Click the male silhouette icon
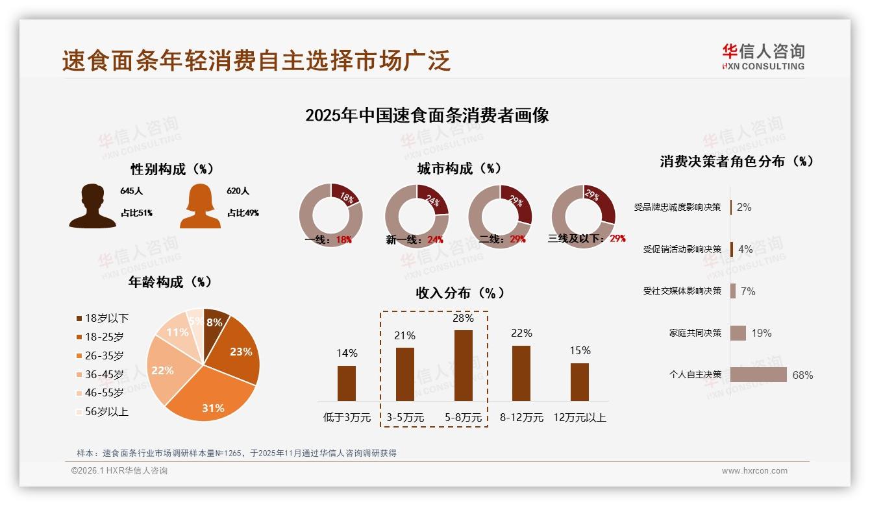(92, 206)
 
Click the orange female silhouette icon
(200, 206)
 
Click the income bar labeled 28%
(463, 365)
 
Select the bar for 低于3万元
(347, 383)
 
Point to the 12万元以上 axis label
(579, 418)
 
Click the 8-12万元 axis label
(521, 418)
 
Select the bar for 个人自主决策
(758, 375)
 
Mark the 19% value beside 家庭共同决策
(762, 333)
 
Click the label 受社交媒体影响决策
(682, 291)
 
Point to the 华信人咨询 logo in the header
(763, 56)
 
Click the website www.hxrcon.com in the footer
(754, 471)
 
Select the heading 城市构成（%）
(459, 169)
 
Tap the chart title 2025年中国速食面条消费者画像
(427, 115)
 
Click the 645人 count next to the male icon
(131, 191)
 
